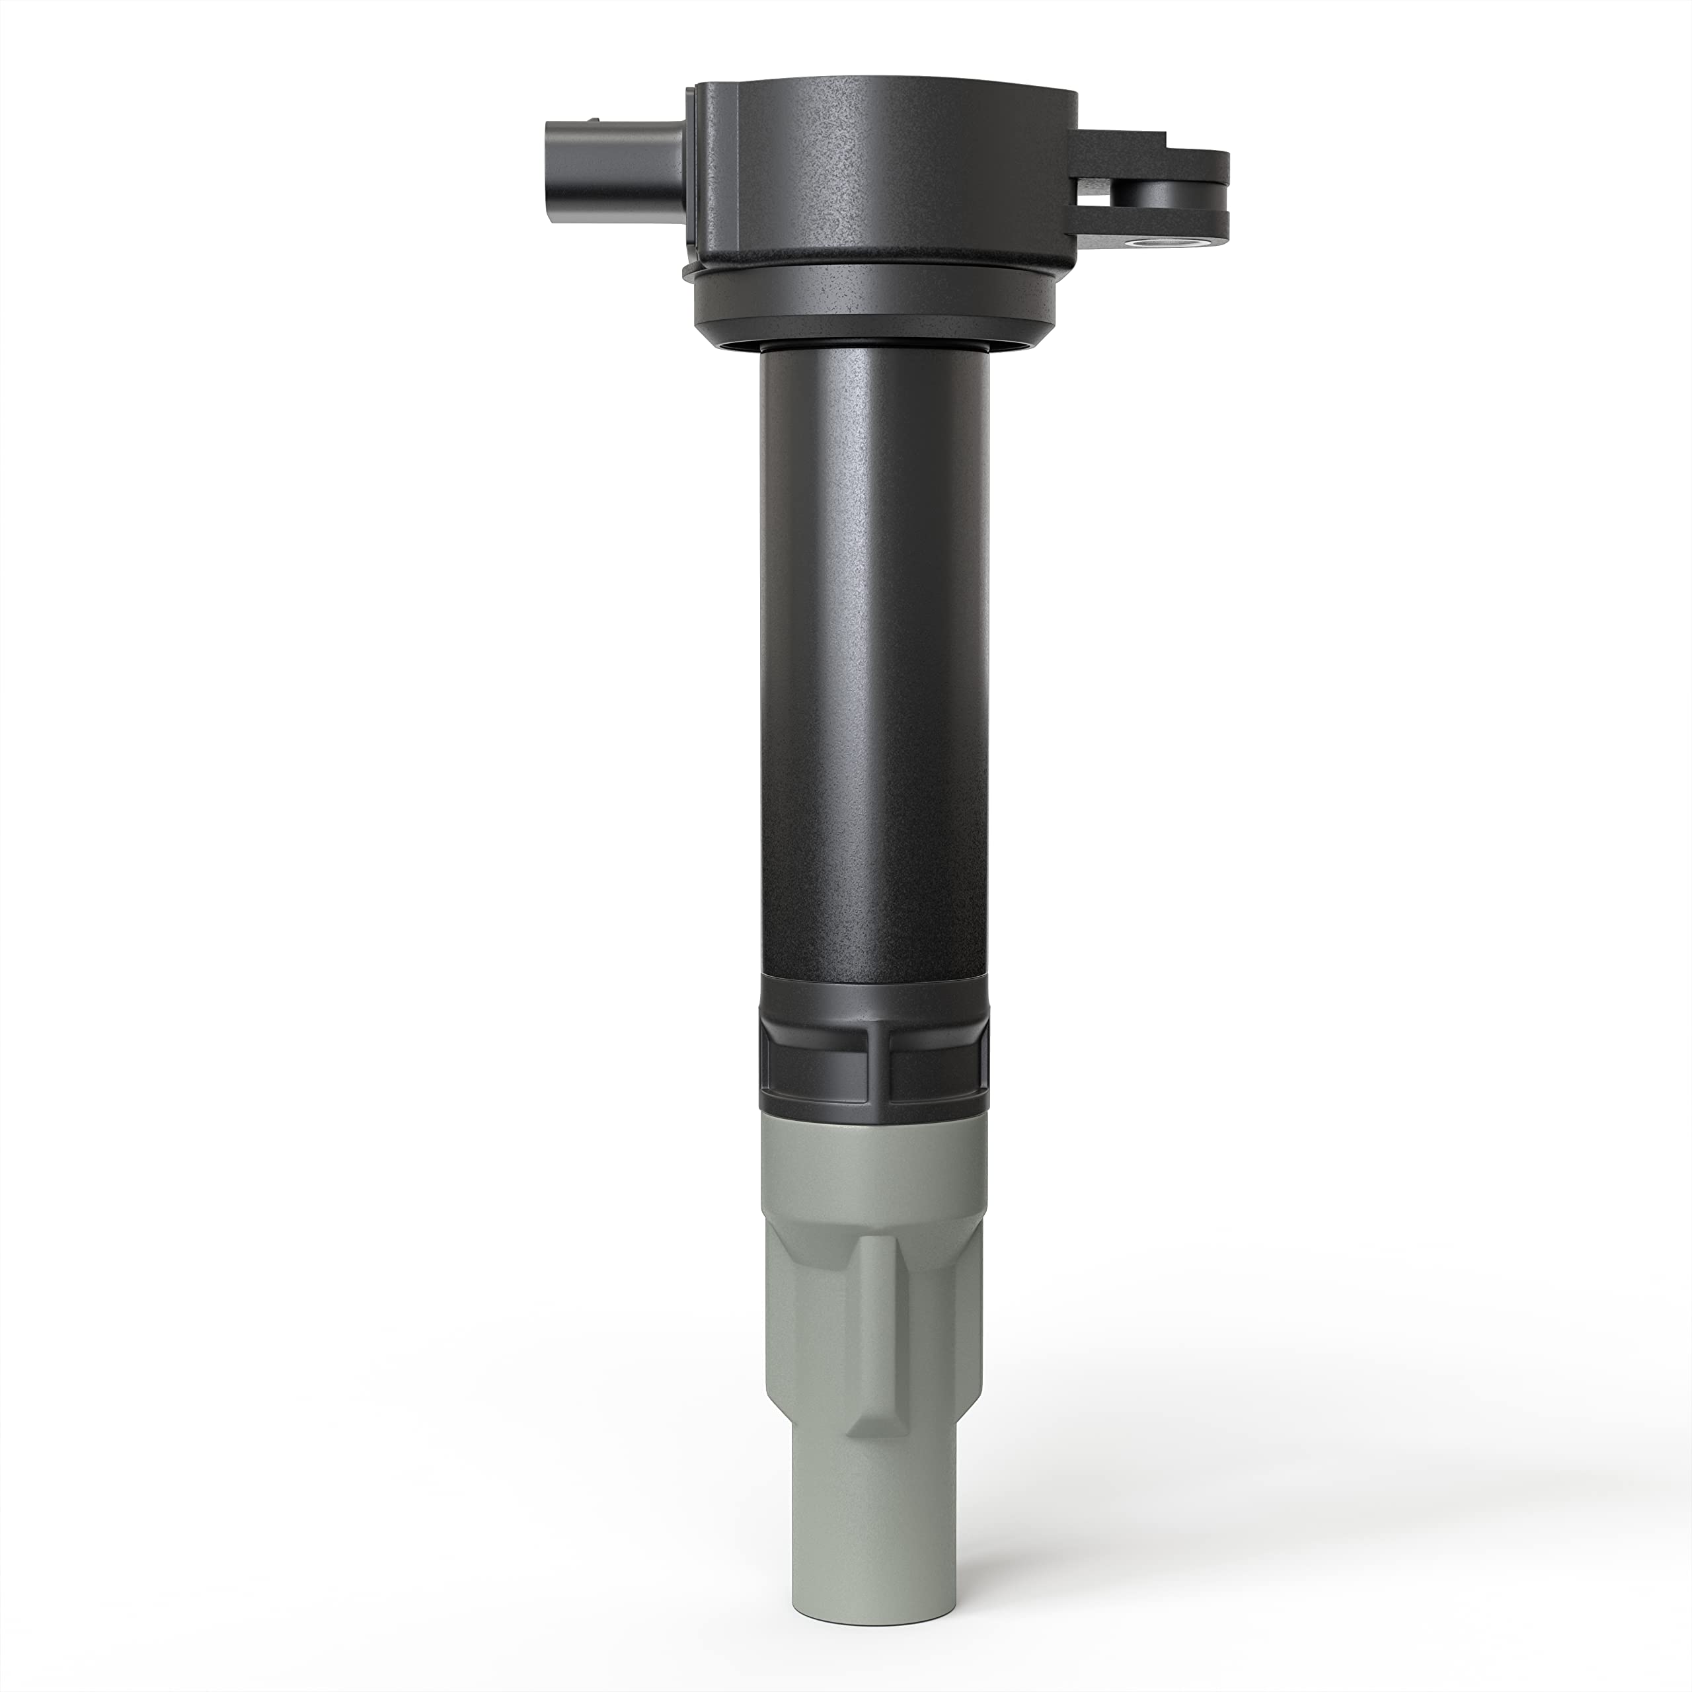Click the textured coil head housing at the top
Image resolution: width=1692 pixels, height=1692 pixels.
point(884,175)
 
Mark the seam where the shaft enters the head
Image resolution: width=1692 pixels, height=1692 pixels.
point(876,348)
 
